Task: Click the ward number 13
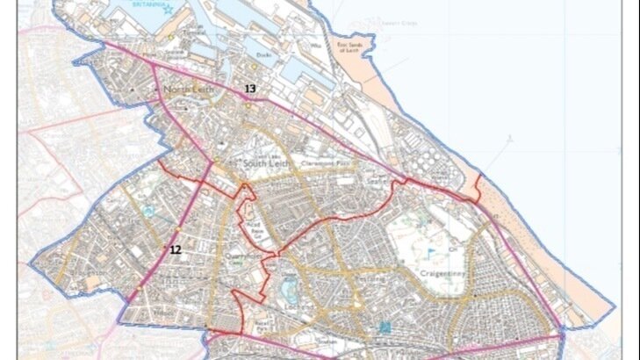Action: pos(250,89)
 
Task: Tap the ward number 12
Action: pos(175,249)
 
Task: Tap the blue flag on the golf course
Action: pos(430,252)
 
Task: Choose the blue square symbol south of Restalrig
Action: pos(385,327)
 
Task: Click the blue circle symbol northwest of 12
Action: pos(149,212)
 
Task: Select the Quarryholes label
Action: pos(248,256)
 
